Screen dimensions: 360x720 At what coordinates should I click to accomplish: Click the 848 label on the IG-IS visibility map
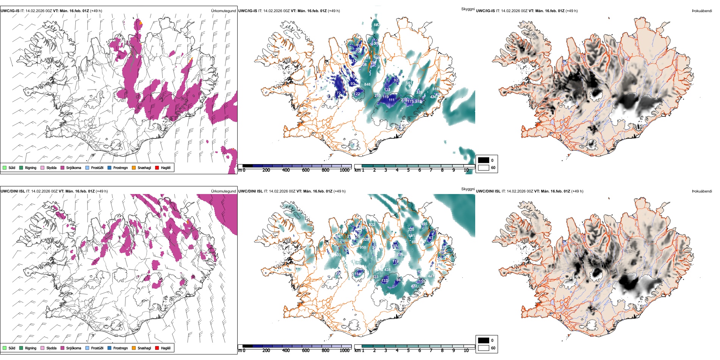(x=367, y=85)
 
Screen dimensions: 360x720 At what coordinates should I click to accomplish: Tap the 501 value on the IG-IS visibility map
(x=409, y=83)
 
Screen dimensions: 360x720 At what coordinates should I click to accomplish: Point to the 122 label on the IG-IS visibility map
(x=357, y=94)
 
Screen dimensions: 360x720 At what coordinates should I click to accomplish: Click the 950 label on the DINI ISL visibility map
(x=363, y=247)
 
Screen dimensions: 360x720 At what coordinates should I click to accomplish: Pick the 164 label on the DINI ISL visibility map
(x=357, y=274)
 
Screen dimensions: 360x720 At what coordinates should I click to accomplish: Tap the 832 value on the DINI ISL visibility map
(x=372, y=225)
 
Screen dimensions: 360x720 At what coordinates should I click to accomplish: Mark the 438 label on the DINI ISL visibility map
(x=387, y=270)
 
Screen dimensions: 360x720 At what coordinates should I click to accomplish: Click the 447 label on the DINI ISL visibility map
(x=431, y=276)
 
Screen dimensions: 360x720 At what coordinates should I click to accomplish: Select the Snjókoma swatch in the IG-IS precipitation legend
(x=63, y=167)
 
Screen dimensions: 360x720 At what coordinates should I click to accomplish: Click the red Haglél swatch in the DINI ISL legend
(x=157, y=348)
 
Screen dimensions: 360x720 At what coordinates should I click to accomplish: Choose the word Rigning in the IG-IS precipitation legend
(x=31, y=167)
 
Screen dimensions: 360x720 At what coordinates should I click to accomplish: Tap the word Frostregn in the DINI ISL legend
(x=121, y=348)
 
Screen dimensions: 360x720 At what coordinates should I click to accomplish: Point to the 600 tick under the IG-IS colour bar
(x=305, y=170)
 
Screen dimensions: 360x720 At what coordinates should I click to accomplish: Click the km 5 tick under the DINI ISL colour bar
(x=408, y=351)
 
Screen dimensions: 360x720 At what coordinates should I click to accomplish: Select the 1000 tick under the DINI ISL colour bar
(x=344, y=351)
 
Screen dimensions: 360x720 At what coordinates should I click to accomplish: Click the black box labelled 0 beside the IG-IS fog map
(x=484, y=160)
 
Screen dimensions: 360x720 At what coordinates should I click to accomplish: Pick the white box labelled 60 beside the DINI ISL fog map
(x=484, y=348)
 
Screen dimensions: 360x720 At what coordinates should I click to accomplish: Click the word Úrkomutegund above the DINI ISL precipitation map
(x=223, y=191)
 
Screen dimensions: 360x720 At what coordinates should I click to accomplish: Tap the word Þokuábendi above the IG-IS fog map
(x=702, y=11)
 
